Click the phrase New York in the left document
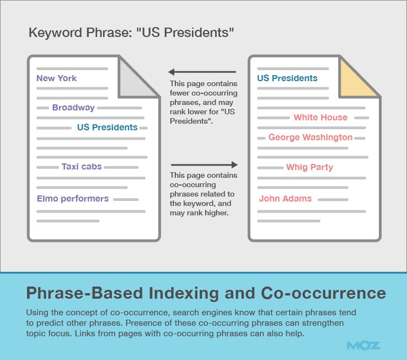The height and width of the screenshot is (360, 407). click(x=56, y=78)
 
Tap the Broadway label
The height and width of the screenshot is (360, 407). click(x=73, y=108)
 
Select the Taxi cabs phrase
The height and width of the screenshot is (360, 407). click(x=82, y=166)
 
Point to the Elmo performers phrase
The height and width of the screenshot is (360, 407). click(x=73, y=199)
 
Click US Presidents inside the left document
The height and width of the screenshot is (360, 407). click(x=107, y=128)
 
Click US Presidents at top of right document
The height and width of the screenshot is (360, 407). click(x=287, y=78)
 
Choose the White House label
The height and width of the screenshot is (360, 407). click(x=320, y=118)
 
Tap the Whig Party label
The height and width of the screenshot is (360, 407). click(x=309, y=167)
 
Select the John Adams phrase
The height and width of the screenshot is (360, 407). click(x=285, y=199)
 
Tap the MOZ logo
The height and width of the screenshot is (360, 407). click(x=363, y=346)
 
